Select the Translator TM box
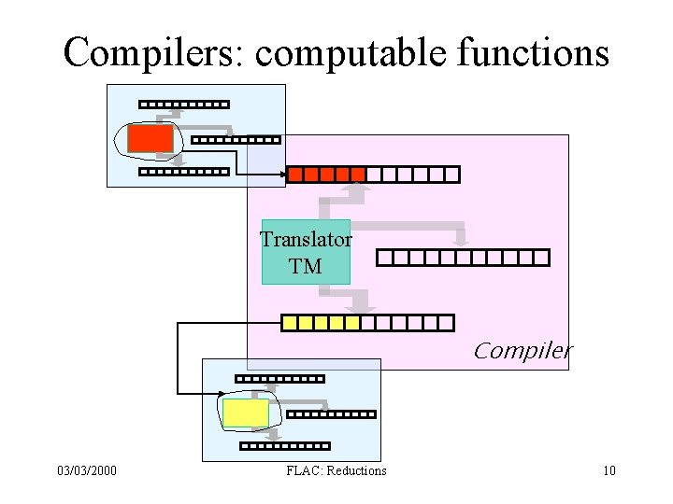click(306, 252)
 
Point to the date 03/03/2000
click(85, 470)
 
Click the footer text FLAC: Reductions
click(336, 470)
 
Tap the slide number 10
click(609, 470)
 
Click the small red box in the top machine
click(150, 138)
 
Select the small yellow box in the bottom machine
click(245, 412)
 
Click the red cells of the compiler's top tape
click(325, 174)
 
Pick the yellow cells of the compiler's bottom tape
click(321, 323)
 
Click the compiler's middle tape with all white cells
click(464, 257)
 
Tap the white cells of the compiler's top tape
click(413, 174)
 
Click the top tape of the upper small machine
click(184, 104)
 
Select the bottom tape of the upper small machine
click(184, 172)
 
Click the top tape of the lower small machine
click(279, 379)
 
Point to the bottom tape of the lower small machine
click(285, 446)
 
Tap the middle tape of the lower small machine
click(331, 413)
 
